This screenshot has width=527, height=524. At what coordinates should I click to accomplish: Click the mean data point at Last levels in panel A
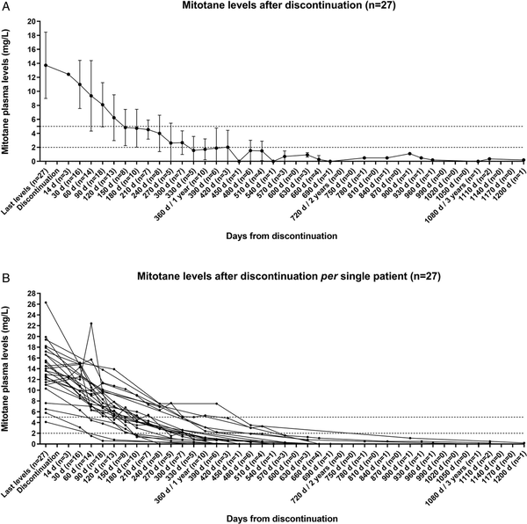46,65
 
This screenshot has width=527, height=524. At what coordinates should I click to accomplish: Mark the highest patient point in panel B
46,302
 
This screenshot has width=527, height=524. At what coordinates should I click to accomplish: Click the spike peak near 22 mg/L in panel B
91,324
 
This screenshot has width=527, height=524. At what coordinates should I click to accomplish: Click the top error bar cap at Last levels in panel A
46,33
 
